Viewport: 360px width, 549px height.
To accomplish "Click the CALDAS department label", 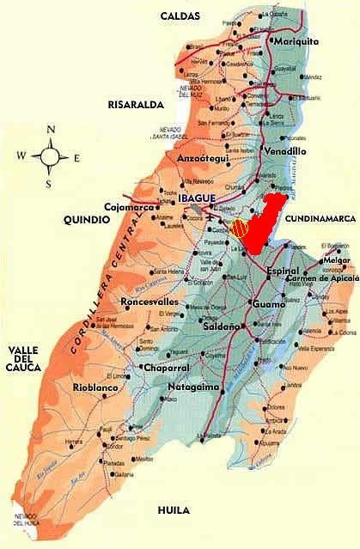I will pos(180,16).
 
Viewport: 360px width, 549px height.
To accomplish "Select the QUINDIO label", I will pos(87,220).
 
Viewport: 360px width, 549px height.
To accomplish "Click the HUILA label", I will pos(173,510).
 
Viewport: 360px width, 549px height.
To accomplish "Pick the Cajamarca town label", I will pos(128,207).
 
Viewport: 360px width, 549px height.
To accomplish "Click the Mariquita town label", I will pos(296,40).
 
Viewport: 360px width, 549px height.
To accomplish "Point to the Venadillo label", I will pos(284,151).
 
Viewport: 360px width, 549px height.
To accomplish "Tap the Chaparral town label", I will pos(142,368).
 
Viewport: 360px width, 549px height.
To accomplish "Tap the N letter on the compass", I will pos(51,130).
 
